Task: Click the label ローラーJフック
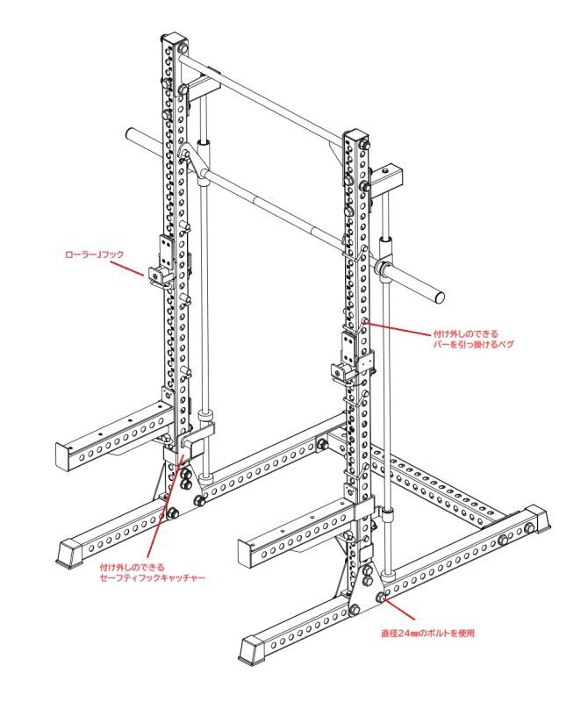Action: click(x=95, y=254)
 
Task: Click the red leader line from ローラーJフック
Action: click(x=134, y=267)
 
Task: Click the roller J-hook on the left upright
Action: click(x=161, y=275)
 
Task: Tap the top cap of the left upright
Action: click(x=172, y=40)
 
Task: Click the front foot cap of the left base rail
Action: click(x=68, y=551)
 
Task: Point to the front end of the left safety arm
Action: click(x=65, y=455)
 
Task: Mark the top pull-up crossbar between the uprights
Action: click(x=263, y=98)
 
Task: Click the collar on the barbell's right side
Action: click(x=384, y=268)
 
